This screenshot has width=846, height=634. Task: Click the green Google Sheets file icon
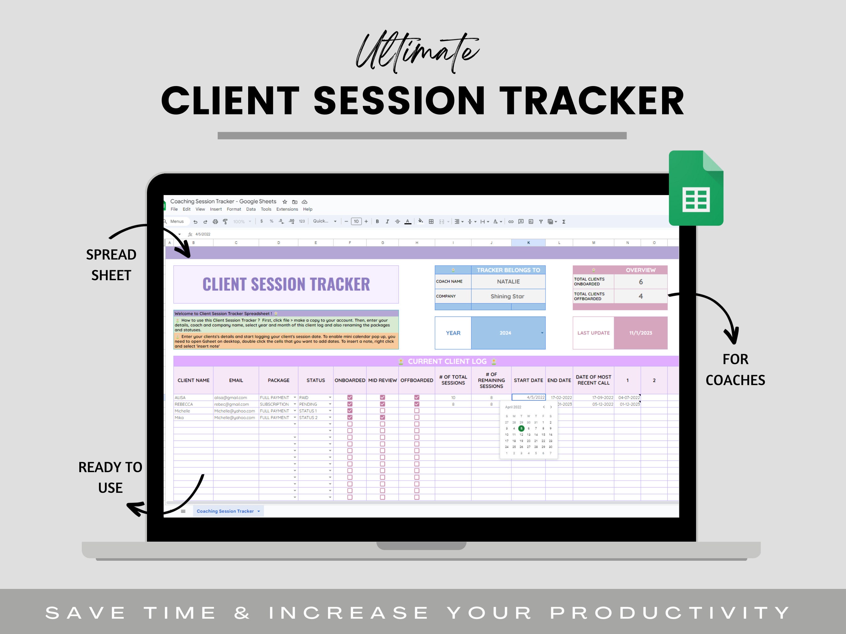point(696,188)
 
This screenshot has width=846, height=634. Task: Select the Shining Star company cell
point(507,296)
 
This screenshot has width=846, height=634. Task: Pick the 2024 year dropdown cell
point(505,333)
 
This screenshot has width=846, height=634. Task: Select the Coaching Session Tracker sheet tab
point(225,511)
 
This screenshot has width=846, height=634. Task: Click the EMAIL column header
point(236,380)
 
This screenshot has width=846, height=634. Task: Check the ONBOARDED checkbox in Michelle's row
point(350,411)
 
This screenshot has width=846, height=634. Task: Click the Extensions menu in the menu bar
point(287,209)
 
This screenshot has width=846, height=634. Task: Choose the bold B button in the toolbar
point(377,221)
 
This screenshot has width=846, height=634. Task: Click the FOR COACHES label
point(735,369)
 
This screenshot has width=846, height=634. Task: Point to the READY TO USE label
point(110,477)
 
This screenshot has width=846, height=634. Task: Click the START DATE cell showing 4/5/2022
point(528,397)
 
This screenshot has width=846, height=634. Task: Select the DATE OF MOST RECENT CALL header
point(593,380)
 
